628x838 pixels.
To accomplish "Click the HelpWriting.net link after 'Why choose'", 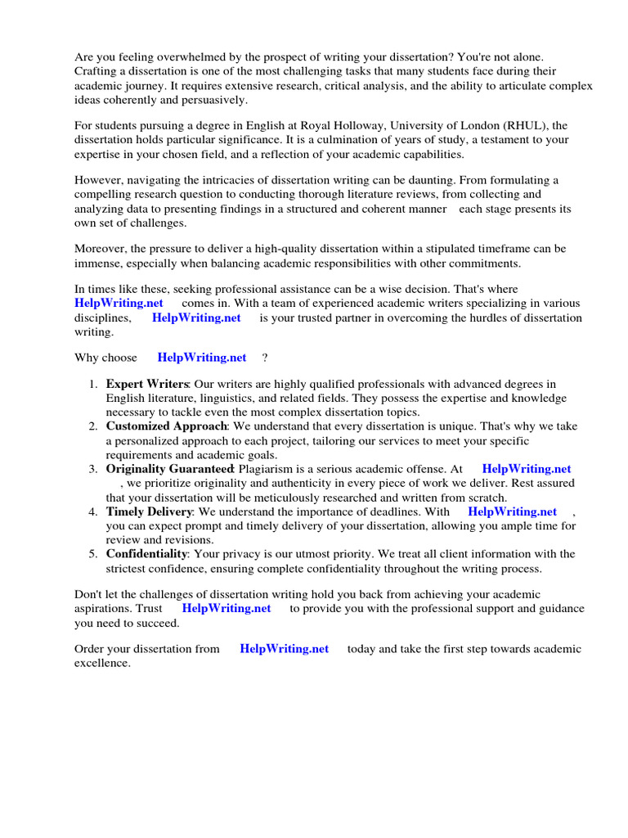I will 202,358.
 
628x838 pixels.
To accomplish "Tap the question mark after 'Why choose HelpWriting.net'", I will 265,358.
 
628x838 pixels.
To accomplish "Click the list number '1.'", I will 94,384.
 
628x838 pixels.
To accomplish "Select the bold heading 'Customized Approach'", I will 166,426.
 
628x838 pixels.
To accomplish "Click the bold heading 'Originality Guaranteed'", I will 169,469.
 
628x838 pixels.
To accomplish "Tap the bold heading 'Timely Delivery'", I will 149,511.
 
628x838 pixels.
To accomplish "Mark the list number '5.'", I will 94,554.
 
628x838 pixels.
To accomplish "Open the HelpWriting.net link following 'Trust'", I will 227,609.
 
